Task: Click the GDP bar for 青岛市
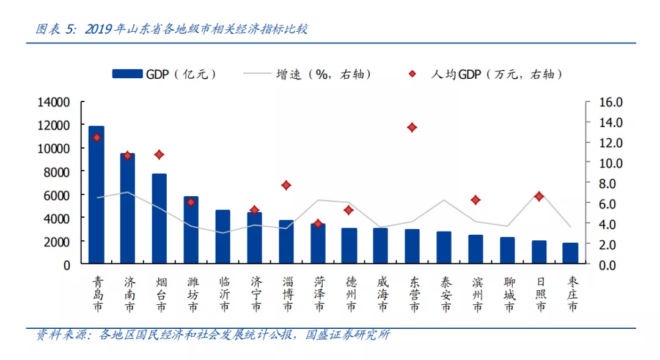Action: tap(97, 195)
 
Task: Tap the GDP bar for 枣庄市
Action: tap(570, 254)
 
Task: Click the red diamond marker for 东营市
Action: tap(413, 128)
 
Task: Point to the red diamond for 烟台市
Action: tap(159, 155)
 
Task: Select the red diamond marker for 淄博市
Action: tap(286, 185)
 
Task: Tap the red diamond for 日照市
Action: tap(539, 196)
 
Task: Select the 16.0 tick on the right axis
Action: tap(610, 102)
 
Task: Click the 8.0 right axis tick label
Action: tap(610, 183)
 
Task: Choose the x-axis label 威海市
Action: tap(381, 294)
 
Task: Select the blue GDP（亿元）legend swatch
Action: tap(127, 74)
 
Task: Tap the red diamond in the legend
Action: tap(413, 74)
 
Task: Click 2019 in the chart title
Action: tap(100, 29)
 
